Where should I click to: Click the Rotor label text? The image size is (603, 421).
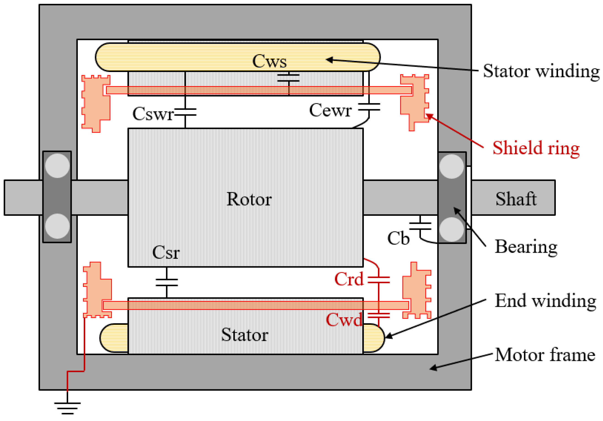249,199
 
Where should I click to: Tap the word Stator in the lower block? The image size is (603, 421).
244,335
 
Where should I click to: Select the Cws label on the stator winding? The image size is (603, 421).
269,61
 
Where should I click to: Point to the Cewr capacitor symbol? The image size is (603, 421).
369,107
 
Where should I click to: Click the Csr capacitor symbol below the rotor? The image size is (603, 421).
167,282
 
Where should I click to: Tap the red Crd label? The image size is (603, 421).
349,279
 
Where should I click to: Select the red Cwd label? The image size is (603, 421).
344,320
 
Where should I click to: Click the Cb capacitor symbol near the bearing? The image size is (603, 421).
420,226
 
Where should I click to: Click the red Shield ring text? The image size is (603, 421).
536,148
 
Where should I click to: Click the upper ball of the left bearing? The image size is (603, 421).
57,166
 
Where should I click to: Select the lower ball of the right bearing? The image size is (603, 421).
451,229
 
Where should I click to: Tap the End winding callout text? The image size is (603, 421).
545,301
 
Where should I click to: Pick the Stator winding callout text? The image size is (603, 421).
541,71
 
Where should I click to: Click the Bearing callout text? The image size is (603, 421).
526,246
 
